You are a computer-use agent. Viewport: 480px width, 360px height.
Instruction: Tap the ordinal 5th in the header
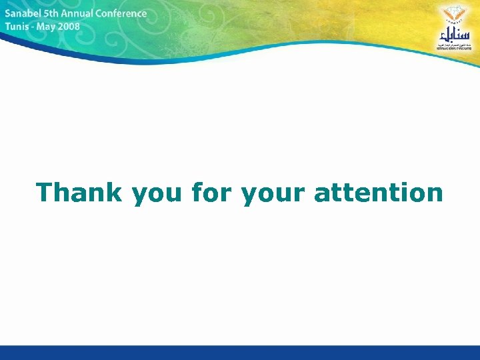pos(54,13)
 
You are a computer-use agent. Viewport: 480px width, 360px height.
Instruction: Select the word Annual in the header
pos(82,13)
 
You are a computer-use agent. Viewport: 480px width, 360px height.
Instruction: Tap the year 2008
pos(69,27)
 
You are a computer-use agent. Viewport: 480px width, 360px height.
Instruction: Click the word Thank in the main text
pos(79,193)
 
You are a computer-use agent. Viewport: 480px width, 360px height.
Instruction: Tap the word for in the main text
pos(213,193)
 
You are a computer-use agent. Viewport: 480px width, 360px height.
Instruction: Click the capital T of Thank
pos(45,193)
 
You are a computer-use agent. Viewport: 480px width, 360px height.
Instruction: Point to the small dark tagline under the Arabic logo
pos(453,47)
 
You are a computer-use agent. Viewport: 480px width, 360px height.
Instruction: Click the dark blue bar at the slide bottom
pos(240,353)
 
